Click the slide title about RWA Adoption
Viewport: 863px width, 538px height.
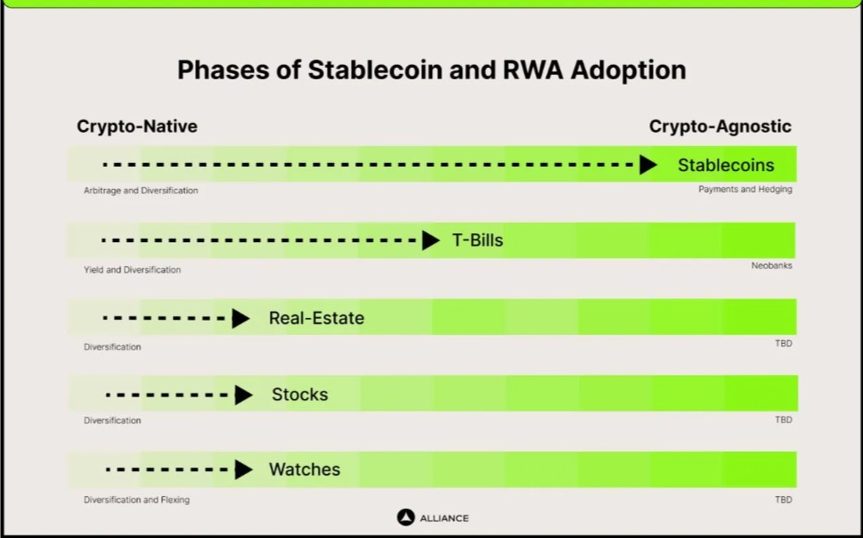(x=431, y=70)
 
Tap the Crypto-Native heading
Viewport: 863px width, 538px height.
(x=137, y=126)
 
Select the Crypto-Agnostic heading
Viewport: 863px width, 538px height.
(x=720, y=126)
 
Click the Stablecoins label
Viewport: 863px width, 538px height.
(x=726, y=165)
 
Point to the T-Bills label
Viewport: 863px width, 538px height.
(x=477, y=240)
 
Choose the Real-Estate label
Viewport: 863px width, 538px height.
(x=316, y=318)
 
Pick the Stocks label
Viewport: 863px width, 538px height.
(x=300, y=395)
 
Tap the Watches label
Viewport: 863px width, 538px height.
(x=305, y=469)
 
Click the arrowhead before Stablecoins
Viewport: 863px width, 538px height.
(x=648, y=164)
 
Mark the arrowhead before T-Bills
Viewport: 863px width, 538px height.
(x=431, y=240)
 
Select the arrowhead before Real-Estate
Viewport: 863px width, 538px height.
(x=241, y=318)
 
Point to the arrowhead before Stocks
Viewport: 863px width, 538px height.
(x=244, y=395)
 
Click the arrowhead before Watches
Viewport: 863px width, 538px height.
(x=244, y=469)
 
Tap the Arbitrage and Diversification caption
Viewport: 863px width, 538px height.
(x=141, y=191)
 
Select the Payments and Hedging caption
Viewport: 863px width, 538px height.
(x=745, y=190)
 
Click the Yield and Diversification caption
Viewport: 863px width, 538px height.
(x=132, y=270)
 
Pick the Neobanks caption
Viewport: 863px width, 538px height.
(x=771, y=265)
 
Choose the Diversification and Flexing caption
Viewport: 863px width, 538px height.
(x=136, y=500)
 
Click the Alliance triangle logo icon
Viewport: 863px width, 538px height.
(x=405, y=518)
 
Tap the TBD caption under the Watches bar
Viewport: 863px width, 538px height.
(x=784, y=500)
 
